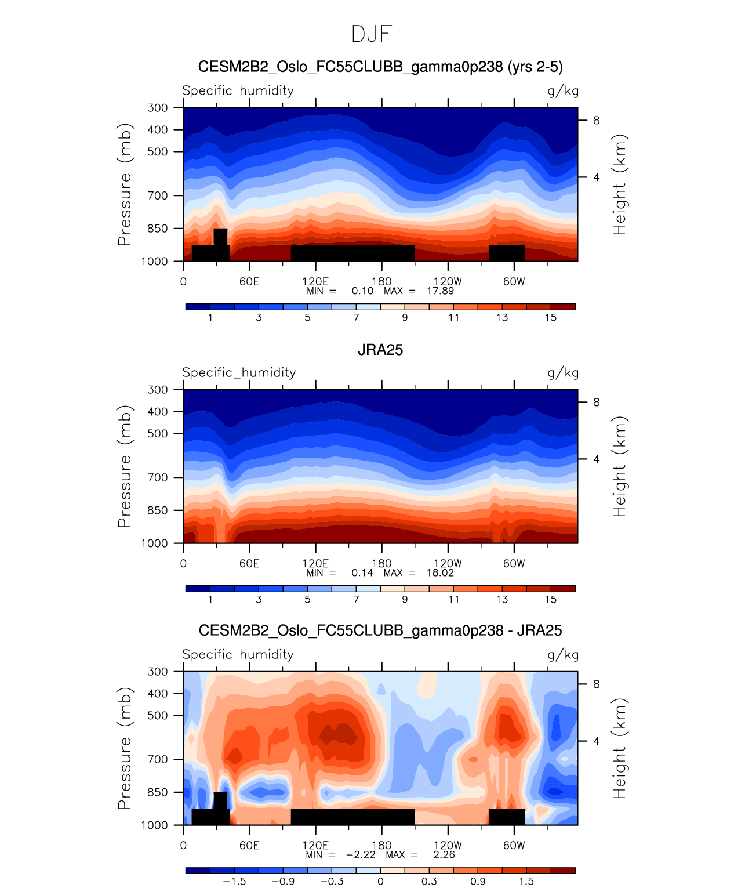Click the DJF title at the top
click(372, 34)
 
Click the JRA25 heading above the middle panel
click(380, 350)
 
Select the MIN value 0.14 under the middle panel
click(362, 572)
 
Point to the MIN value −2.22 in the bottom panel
click(361, 854)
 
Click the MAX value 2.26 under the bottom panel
click(444, 854)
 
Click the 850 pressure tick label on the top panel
click(157, 229)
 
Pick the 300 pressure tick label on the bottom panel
click(157, 672)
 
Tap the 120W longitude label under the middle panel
click(448, 563)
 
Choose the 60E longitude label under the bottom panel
click(249, 845)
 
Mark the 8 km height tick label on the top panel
click(596, 121)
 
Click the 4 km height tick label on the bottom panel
click(596, 741)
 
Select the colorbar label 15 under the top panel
click(551, 317)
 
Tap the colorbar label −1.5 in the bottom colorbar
click(234, 881)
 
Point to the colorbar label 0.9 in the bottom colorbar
click(478, 881)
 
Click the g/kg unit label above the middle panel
click(563, 373)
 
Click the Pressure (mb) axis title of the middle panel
click(125, 466)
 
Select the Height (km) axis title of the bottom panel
click(620, 748)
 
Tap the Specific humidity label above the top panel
click(238, 90)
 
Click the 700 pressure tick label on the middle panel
click(157, 477)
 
